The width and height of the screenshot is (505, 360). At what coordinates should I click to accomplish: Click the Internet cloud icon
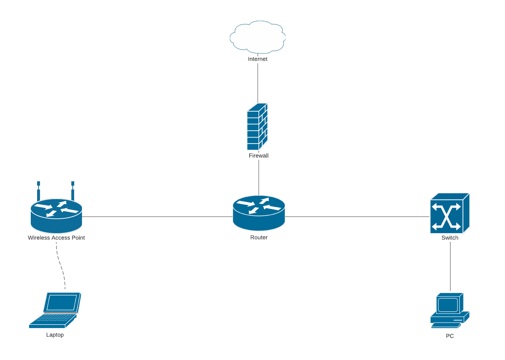click(x=258, y=37)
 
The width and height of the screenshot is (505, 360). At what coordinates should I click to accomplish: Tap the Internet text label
click(x=258, y=59)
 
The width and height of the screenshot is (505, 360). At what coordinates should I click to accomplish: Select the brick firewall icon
click(x=257, y=127)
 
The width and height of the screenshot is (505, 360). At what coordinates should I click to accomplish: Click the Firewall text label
click(x=258, y=156)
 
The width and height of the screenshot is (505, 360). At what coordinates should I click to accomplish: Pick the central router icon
click(x=259, y=213)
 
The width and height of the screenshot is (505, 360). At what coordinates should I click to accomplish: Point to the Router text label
click(x=259, y=238)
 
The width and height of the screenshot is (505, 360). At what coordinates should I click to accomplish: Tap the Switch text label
click(x=450, y=238)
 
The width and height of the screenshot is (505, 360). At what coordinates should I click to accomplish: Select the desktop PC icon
click(x=450, y=310)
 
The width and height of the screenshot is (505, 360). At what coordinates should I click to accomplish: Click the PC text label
click(x=450, y=336)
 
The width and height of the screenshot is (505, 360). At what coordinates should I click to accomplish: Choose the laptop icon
click(x=55, y=310)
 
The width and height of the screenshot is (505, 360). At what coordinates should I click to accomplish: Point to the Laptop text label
click(x=55, y=335)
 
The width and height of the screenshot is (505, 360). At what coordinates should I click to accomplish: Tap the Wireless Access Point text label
click(x=56, y=238)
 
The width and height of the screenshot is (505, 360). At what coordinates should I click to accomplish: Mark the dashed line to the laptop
click(x=60, y=265)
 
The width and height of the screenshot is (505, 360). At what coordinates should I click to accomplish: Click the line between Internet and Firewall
click(x=258, y=83)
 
